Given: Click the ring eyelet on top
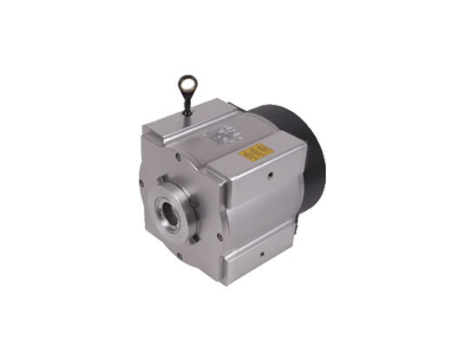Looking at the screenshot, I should tap(186, 84).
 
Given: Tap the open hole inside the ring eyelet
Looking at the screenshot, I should tap(186, 83).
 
